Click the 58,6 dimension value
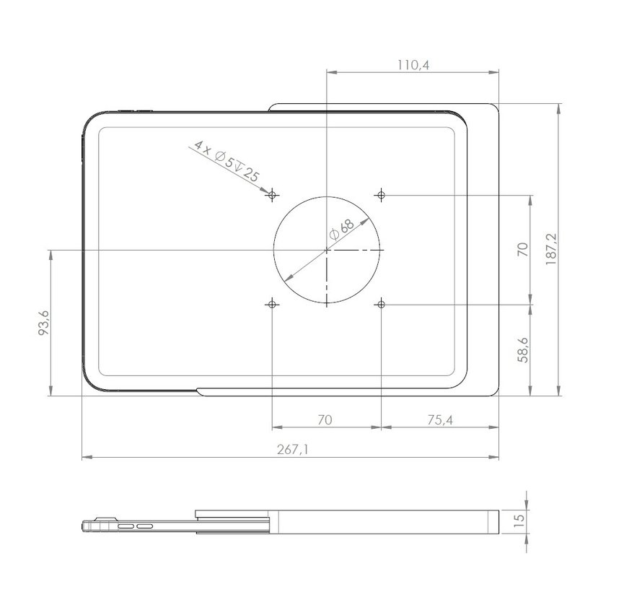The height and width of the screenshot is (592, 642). (524, 349)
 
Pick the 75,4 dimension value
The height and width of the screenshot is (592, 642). (439, 419)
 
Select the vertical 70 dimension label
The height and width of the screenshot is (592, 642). (524, 250)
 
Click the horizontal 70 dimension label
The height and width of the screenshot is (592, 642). (325, 419)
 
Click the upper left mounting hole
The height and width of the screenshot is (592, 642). (272, 195)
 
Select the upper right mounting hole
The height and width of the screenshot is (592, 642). (381, 195)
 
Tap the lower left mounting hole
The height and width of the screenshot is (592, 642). (272, 305)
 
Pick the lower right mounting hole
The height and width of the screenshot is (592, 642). (381, 305)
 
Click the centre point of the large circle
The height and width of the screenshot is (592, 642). (327, 250)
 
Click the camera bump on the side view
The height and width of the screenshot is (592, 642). (106, 518)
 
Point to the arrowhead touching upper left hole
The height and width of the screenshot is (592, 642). (265, 191)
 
